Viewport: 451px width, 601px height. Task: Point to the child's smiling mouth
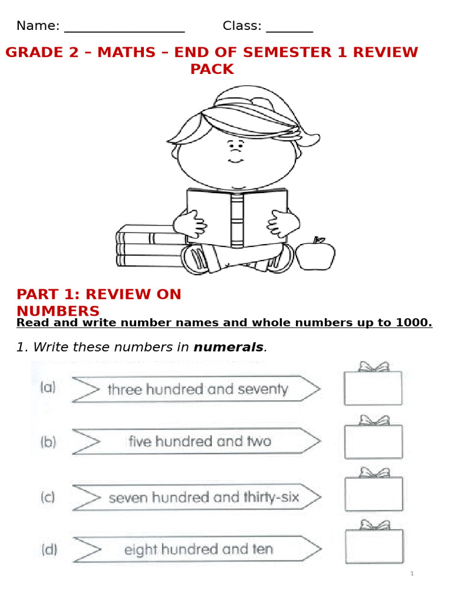[x=235, y=160]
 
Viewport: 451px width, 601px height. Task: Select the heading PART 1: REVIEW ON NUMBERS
[x=99, y=302]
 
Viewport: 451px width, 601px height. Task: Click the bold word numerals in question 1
[x=228, y=347]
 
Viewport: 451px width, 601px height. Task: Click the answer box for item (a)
[x=373, y=389]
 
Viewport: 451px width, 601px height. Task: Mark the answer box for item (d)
[x=373, y=546]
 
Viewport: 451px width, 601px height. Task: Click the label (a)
[x=48, y=387]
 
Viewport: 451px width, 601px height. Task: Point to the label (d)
[x=49, y=550]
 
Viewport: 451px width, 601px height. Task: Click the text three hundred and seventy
[x=198, y=390]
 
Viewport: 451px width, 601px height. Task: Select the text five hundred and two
[x=200, y=441]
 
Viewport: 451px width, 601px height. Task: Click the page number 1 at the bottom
[x=412, y=573]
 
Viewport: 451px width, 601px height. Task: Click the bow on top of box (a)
[x=373, y=367]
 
